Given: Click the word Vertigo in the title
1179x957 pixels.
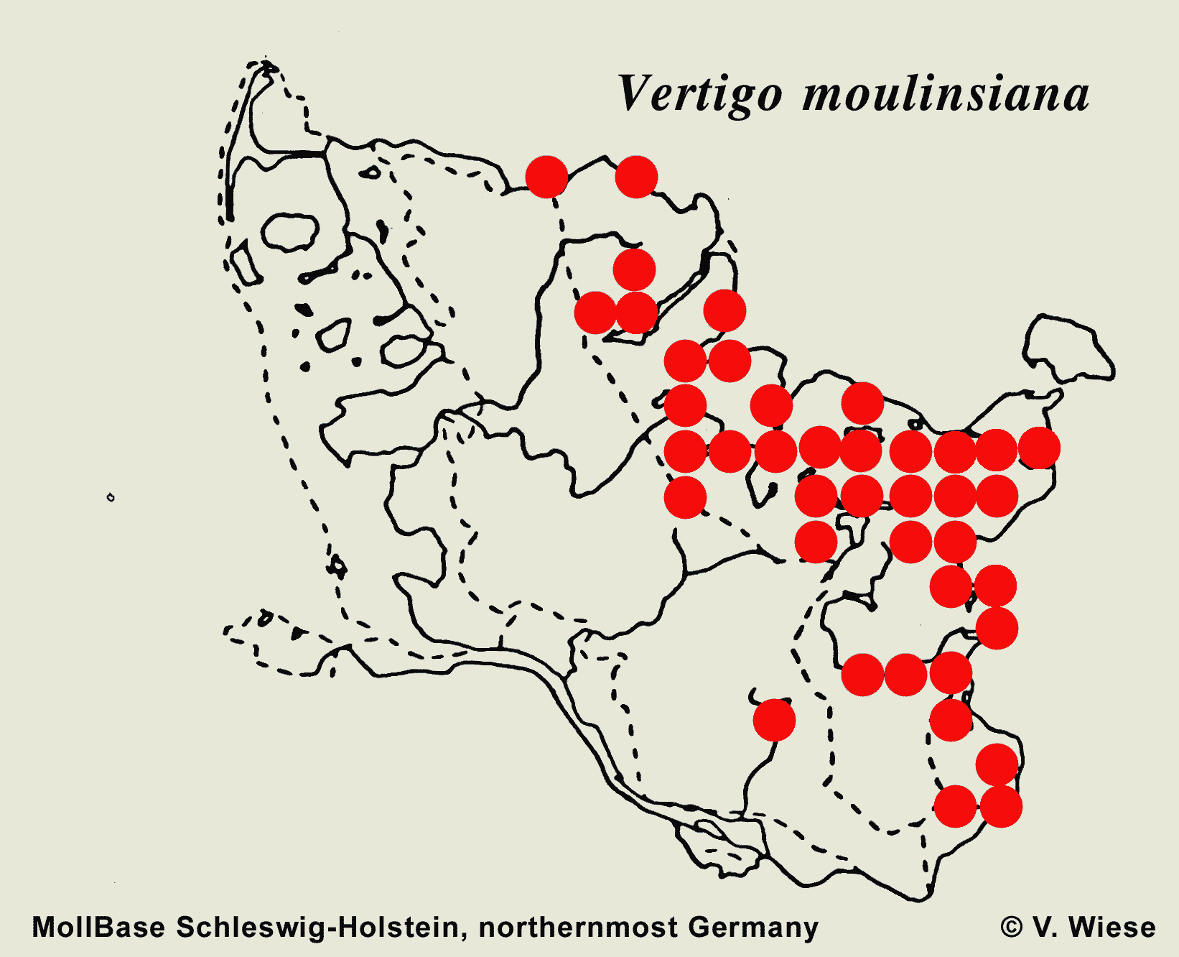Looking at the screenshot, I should point(700,95).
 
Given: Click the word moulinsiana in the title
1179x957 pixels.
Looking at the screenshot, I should point(946,95).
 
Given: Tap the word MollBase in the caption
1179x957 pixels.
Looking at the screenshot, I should point(98,927).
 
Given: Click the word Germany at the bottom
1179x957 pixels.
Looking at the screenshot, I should point(753,927).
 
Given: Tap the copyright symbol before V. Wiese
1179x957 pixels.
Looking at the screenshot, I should point(1012,927).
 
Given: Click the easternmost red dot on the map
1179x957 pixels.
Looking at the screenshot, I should point(1039,448).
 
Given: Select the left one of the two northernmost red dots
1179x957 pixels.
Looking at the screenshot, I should point(547,176).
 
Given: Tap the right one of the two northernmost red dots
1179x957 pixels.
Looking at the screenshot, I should point(636,177).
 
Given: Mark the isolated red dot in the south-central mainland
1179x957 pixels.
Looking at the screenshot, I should point(774,719).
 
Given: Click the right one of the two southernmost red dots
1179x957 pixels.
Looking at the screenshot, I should point(1001,806).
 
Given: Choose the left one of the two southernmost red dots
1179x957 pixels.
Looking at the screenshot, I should point(955,806).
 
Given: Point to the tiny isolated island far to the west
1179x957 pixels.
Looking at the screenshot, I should point(111,497).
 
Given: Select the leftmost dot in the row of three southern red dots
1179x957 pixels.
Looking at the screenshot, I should point(862,675).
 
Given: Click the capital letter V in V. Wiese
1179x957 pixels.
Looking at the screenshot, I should point(1043,927).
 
